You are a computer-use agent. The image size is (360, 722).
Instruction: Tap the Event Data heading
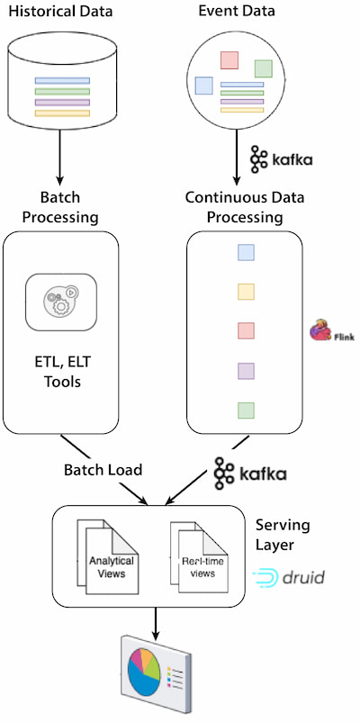pyautogui.click(x=237, y=11)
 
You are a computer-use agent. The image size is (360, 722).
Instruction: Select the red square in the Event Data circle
pyautogui.click(x=229, y=60)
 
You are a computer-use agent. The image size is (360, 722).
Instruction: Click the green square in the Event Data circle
pyautogui.click(x=264, y=68)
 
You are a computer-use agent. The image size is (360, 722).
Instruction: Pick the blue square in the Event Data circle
pyautogui.click(x=203, y=86)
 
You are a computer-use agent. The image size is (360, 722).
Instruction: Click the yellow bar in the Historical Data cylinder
pyautogui.click(x=62, y=113)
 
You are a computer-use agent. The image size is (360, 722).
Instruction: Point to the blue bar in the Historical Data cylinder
pyautogui.click(x=62, y=81)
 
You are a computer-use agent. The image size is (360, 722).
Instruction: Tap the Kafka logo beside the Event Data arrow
pyautogui.click(x=282, y=159)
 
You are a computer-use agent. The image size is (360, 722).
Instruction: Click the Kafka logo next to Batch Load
pyautogui.click(x=250, y=474)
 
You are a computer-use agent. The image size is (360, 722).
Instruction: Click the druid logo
pyautogui.click(x=288, y=576)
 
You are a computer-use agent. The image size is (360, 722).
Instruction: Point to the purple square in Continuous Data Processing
pyautogui.click(x=246, y=371)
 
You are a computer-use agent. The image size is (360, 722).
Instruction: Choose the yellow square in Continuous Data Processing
pyautogui.click(x=246, y=292)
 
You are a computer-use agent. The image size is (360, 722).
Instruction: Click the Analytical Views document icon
pyautogui.click(x=107, y=556)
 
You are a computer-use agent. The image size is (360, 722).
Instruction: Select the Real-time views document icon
pyautogui.click(x=199, y=556)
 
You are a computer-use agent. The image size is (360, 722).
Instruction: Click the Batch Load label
pyautogui.click(x=103, y=470)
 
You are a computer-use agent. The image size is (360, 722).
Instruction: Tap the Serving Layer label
pyautogui.click(x=283, y=535)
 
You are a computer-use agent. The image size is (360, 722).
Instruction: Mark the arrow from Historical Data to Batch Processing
pyautogui.click(x=59, y=156)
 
